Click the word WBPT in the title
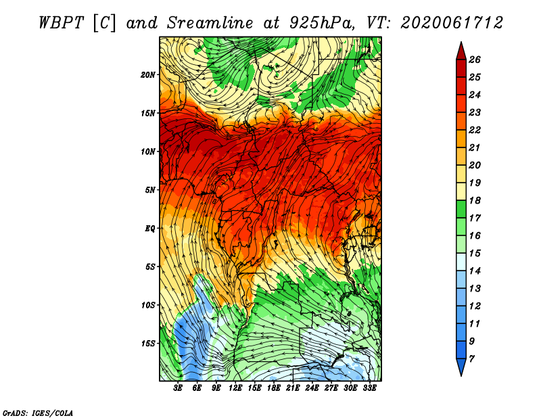click(61, 23)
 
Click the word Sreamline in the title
click(210, 23)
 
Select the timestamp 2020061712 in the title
click(452, 23)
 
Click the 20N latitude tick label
click(147, 75)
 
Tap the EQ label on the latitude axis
click(149, 229)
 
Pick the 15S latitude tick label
click(147, 344)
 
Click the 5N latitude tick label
click(150, 190)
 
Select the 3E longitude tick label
click(178, 388)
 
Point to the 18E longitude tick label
click(274, 388)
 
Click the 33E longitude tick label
click(369, 388)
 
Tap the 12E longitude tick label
click(235, 388)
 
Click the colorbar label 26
click(475, 60)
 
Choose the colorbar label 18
click(475, 200)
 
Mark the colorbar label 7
click(471, 359)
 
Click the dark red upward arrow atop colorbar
click(461, 51)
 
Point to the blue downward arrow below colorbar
click(461, 367)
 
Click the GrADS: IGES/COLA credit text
click(38, 413)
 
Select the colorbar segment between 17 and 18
click(461, 209)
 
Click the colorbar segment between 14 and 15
click(461, 262)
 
